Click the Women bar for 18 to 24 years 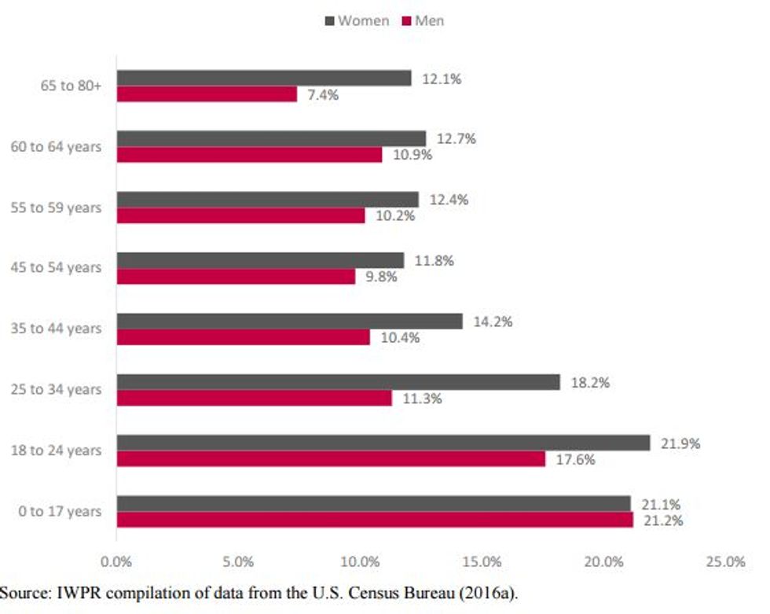[383, 443]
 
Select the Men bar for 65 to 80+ [207, 94]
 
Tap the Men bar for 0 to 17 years [375, 520]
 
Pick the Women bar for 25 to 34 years [338, 382]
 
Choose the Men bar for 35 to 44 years [243, 337]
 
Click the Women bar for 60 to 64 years [271, 138]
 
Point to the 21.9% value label [680, 443]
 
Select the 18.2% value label [590, 383]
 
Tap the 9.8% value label [381, 277]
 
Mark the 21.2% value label [662, 520]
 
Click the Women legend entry [357, 21]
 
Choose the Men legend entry [423, 21]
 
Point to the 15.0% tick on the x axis [482, 562]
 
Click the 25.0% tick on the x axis [725, 562]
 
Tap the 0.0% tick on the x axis [116, 562]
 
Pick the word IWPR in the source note [69, 591]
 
